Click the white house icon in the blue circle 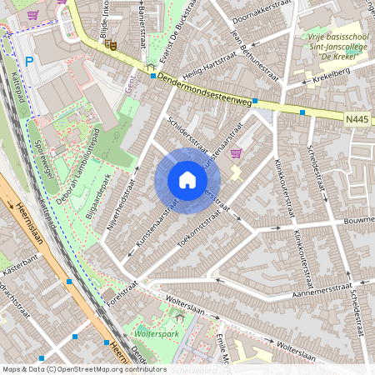[x=187, y=180]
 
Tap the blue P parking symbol [x=30, y=61]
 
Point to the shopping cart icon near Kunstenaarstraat [x=236, y=153]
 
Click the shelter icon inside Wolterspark [x=178, y=317]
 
